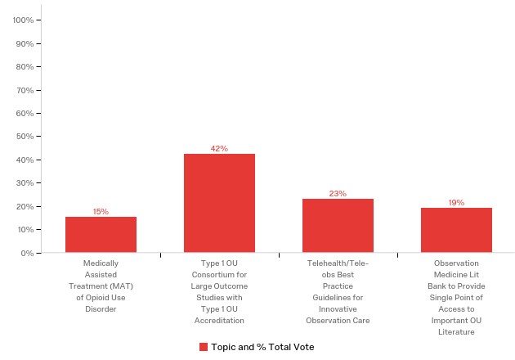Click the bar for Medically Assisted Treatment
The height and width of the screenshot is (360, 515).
101,235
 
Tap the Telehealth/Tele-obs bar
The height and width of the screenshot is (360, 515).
338,225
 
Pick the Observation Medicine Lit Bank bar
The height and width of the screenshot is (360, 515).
456,230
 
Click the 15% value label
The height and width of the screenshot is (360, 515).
101,212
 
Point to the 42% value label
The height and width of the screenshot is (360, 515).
219,149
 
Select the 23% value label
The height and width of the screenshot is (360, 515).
338,194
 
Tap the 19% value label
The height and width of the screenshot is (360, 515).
456,203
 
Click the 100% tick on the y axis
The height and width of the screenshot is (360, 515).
24,20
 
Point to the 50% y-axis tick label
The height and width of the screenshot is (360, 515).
25,137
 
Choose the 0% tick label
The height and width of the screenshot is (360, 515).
28,253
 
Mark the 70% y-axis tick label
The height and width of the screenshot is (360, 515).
25,90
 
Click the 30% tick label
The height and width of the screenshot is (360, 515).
25,183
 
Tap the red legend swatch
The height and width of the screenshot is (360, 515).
204,347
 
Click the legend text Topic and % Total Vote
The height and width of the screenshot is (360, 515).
262,347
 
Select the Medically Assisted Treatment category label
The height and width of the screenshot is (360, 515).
101,286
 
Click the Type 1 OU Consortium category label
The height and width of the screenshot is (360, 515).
219,292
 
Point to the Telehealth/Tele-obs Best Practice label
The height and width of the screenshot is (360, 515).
338,292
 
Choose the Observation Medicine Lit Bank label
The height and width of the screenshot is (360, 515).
456,298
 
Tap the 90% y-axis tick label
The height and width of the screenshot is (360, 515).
25,43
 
